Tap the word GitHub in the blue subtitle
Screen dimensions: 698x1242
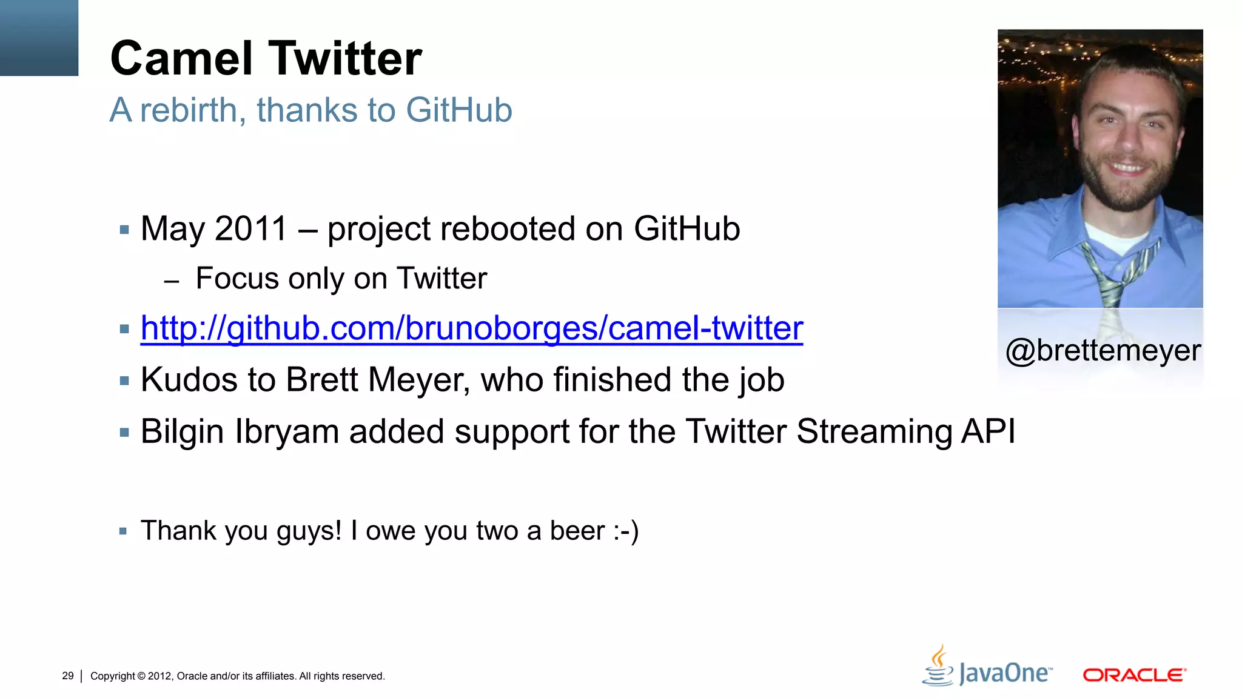(x=458, y=110)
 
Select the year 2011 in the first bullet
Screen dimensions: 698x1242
(x=250, y=229)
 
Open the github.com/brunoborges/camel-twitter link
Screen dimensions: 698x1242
(x=471, y=329)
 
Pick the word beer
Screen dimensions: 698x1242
(x=577, y=531)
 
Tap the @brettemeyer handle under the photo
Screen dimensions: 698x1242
(x=1103, y=351)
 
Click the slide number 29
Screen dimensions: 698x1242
(x=68, y=676)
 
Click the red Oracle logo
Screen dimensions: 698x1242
(x=1134, y=675)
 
